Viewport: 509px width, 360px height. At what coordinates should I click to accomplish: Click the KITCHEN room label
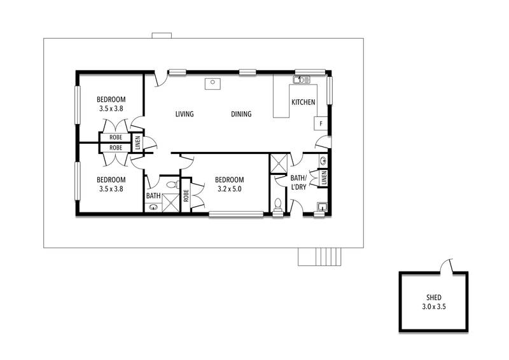click(303, 102)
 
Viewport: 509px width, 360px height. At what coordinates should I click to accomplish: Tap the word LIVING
click(185, 114)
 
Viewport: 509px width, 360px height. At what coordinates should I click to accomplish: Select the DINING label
click(241, 114)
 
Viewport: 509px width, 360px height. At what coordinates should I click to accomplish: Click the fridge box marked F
click(321, 123)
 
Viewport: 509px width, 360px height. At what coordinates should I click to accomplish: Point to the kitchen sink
click(302, 80)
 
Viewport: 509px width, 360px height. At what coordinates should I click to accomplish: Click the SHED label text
click(434, 297)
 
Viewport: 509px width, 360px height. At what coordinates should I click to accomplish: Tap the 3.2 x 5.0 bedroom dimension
click(229, 189)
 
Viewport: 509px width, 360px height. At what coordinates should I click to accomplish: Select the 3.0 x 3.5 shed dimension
click(434, 307)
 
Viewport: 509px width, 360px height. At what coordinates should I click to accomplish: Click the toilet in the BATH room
click(172, 185)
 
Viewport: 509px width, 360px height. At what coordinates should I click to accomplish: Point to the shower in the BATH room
click(171, 203)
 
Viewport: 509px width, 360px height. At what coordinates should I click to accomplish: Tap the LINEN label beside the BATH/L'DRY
click(324, 178)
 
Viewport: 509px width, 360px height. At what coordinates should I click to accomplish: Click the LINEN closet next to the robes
click(137, 142)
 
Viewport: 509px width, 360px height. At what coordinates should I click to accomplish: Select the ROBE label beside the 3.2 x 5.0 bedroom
click(186, 196)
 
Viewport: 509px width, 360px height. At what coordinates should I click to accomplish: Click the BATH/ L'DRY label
click(298, 183)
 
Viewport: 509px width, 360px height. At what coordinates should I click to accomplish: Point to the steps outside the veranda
click(320, 257)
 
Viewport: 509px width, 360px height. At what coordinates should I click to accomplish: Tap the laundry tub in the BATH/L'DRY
click(322, 207)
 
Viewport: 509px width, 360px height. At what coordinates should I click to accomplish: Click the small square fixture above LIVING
click(213, 83)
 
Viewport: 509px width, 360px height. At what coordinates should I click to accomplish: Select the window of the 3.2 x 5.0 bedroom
click(236, 214)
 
